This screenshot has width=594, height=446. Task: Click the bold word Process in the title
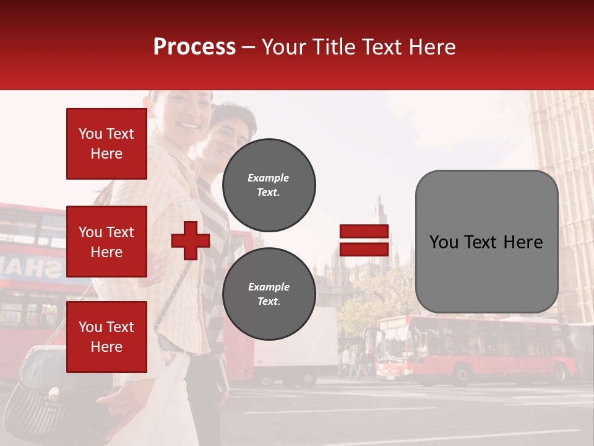[194, 47]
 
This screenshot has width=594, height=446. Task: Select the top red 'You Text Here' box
[106, 144]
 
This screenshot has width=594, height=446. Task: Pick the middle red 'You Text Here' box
[106, 242]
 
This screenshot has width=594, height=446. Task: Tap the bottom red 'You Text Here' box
[106, 337]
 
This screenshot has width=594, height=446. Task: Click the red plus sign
[191, 240]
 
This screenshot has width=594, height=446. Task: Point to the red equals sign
[364, 240]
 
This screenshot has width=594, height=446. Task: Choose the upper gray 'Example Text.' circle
[269, 185]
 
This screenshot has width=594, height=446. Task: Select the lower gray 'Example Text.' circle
[269, 294]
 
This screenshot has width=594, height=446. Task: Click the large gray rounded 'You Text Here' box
[486, 242]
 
